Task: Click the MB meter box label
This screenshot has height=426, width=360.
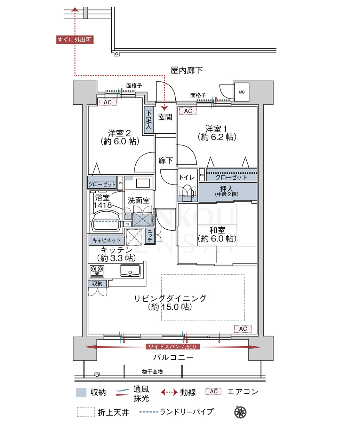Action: pyautogui.click(x=242, y=92)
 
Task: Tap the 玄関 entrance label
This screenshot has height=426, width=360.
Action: pyautogui.click(x=165, y=117)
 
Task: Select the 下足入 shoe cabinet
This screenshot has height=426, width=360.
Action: pyautogui.click(x=149, y=120)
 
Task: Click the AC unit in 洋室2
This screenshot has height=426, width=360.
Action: pyautogui.click(x=108, y=102)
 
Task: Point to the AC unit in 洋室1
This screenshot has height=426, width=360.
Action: pyautogui.click(x=188, y=111)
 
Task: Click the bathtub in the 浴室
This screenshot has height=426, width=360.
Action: pyautogui.click(x=105, y=221)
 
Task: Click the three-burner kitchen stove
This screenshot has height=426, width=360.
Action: pyautogui.click(x=97, y=271)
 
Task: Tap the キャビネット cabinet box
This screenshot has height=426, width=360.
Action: pyautogui.click(x=106, y=240)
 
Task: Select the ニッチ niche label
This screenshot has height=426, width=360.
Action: pyautogui.click(x=150, y=236)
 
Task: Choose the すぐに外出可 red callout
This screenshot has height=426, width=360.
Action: pyautogui.click(x=75, y=40)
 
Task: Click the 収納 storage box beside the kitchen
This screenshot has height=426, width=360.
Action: pyautogui.click(x=97, y=284)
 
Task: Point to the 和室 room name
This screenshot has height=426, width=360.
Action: pyautogui.click(x=217, y=230)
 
